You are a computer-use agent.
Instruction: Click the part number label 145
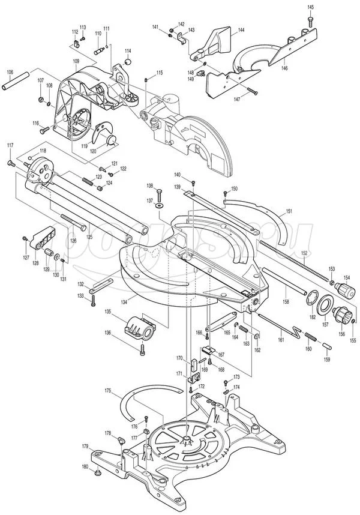coord(310,7)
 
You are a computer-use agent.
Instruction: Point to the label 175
coord(108,391)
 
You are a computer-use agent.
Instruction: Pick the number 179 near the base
coord(86,446)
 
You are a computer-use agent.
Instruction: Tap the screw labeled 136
coord(142,348)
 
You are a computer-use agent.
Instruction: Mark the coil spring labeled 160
coord(310,336)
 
